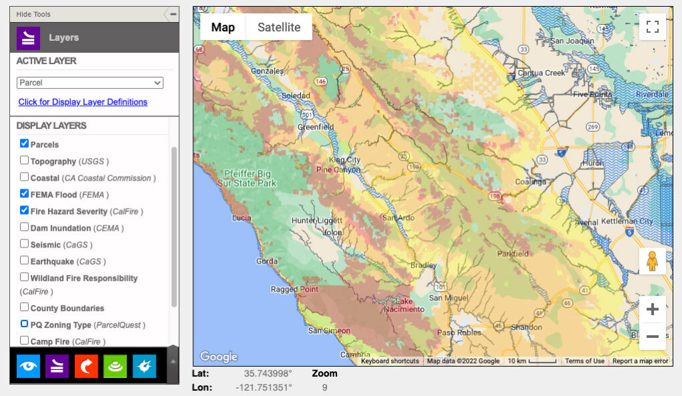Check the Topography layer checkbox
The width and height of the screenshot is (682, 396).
coord(24,161)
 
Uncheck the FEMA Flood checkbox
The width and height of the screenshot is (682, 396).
coord(24,194)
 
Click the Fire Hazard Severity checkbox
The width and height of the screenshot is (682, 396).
coord(24,211)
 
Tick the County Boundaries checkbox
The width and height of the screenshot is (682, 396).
coord(24,308)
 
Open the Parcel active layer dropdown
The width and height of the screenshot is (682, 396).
coord(90,83)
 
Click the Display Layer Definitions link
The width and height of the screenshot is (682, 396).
coord(82,102)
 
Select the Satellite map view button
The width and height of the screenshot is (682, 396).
coord(279,27)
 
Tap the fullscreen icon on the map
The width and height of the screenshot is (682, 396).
coord(652,27)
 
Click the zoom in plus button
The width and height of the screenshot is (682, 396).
coord(652,310)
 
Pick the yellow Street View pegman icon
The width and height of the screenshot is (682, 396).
coord(652,261)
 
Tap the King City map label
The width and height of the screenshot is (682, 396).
coord(344,161)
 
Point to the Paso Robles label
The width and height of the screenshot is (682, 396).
coord(459,332)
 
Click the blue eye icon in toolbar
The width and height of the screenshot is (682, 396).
coord(28,366)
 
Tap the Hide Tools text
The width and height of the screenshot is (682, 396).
coord(33,14)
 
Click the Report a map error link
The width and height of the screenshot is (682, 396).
coord(640,361)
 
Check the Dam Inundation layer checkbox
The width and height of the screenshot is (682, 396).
coord(24,227)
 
